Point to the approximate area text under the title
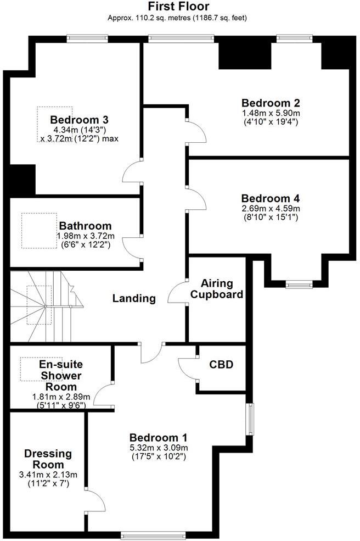(177, 18)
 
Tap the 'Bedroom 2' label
(271, 103)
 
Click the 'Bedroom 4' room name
(271, 198)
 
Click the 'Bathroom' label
(85, 226)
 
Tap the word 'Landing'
(134, 299)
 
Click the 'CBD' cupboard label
(221, 364)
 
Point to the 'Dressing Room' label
(48, 459)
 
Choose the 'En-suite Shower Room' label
(60, 376)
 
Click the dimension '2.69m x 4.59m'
(271, 209)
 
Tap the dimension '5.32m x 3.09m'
(159, 448)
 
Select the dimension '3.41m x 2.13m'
(48, 475)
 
